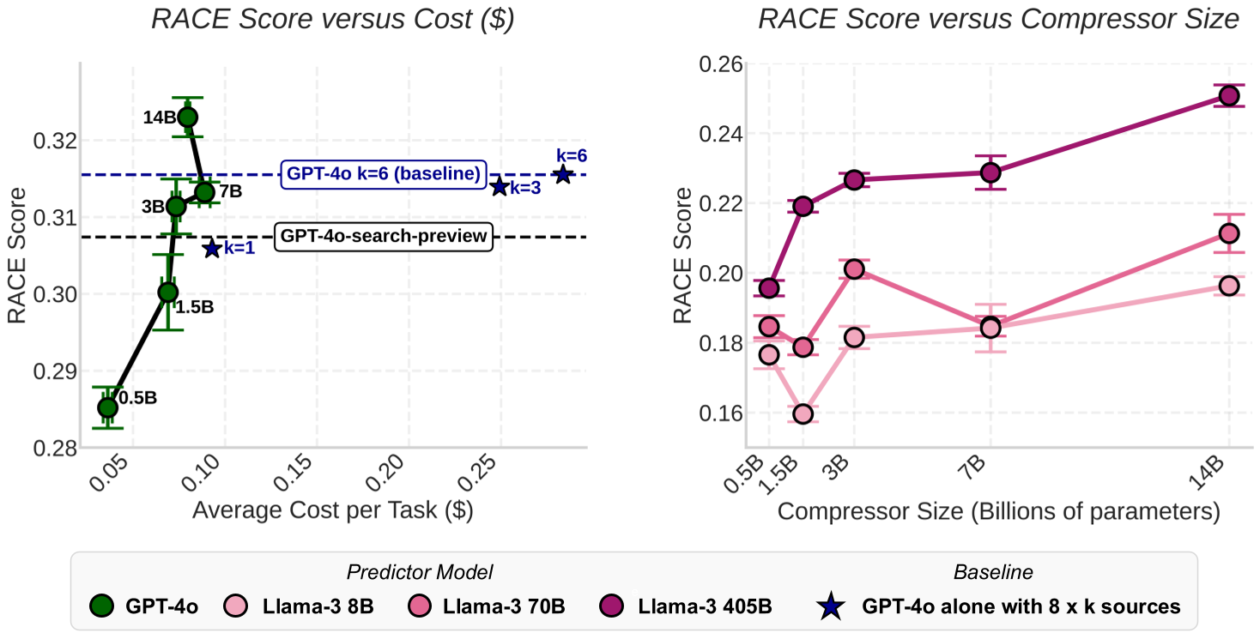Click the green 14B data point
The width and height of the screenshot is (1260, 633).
pos(188,117)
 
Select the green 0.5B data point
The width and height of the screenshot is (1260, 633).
pos(107,407)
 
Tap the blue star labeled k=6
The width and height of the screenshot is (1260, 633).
pos(562,174)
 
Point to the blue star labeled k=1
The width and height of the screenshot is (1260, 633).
pos(212,249)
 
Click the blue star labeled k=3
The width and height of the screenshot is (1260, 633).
pos(500,187)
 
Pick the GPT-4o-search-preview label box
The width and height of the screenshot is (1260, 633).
pos(383,236)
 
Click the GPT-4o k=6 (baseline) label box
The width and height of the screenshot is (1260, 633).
pos(383,173)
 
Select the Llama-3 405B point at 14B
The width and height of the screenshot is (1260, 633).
pos(1228,96)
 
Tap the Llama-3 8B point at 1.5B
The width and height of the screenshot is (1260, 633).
pos(803,414)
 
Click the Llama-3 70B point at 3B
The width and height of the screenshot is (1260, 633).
pos(853,269)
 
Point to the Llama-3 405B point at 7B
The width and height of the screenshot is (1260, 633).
pos(990,172)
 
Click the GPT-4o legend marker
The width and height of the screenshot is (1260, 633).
pos(102,606)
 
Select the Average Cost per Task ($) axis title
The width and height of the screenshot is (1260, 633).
pos(333,510)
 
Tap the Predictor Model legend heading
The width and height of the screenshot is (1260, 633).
pos(419,572)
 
